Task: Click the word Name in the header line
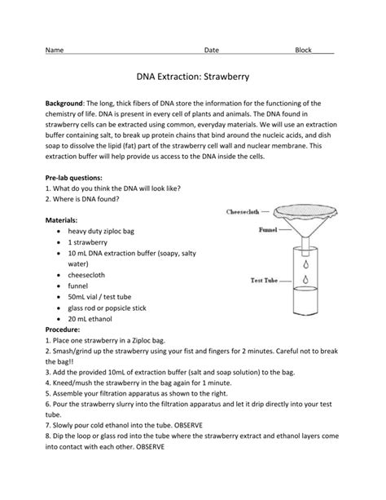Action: coord(55,50)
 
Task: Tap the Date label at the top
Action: coord(212,50)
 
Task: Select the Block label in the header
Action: coord(303,50)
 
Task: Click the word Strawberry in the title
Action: coord(226,77)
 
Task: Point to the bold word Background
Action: coord(64,104)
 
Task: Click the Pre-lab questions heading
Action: coord(74,178)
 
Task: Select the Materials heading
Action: coord(61,220)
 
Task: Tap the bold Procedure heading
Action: coord(63,330)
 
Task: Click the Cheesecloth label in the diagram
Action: coord(243,212)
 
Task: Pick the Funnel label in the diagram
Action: coord(268,229)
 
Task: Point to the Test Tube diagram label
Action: coord(264,281)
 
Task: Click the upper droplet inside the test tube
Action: coord(306,264)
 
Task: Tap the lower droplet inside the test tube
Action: coord(305,279)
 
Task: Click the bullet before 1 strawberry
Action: coord(59,243)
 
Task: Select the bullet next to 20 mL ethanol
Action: coord(59,319)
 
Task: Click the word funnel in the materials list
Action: coord(77,286)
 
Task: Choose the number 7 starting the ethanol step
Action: coord(47,426)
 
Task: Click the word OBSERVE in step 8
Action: coord(151,447)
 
